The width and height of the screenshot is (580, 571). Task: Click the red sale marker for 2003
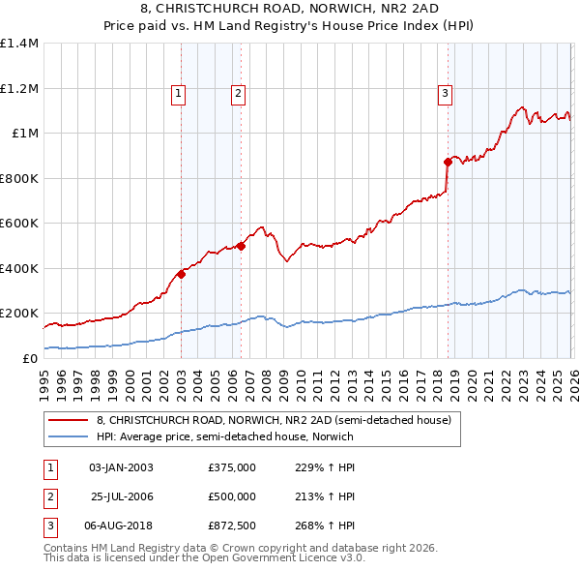coord(181,275)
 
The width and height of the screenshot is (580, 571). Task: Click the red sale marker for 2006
coord(241,246)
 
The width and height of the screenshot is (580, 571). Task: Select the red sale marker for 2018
coord(448,162)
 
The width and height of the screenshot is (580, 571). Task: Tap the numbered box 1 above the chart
coord(179,94)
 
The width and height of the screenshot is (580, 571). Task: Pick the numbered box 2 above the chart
coord(238,94)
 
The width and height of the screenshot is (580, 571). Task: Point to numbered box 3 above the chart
coord(444,94)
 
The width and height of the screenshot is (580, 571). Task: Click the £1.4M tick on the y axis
coord(19,44)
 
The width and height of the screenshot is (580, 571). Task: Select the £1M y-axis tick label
coord(26,134)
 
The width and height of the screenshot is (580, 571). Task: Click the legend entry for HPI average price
coord(225,436)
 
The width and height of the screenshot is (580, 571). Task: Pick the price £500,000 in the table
coord(232,496)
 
